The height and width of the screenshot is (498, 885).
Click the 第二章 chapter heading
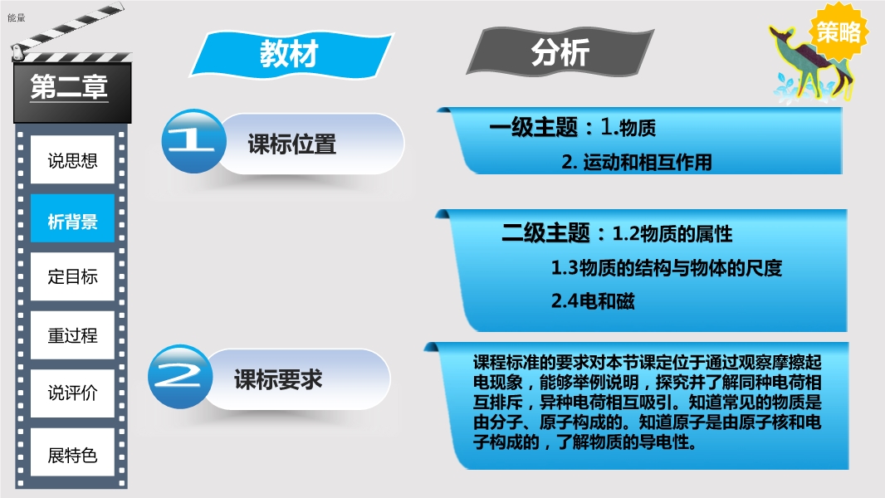pyautogui.click(x=69, y=87)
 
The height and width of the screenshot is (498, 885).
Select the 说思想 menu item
pyautogui.click(x=72, y=160)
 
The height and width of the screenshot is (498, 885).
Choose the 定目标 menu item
pyautogui.click(x=72, y=276)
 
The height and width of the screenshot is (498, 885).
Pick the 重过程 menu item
pyautogui.click(x=72, y=335)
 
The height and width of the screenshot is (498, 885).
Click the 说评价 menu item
pyautogui.click(x=72, y=393)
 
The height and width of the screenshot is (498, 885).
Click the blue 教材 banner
pyautogui.click(x=291, y=54)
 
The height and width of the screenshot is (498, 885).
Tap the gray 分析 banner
pyautogui.click(x=560, y=52)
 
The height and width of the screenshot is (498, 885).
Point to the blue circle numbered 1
pyautogui.click(x=193, y=141)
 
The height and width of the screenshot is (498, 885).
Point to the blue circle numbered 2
pyautogui.click(x=180, y=376)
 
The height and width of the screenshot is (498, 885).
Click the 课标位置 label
pyautogui.click(x=291, y=144)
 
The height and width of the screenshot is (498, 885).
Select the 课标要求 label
pyautogui.click(x=278, y=379)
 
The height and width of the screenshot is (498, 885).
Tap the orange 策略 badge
pyautogui.click(x=839, y=32)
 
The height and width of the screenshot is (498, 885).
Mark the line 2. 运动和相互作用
pyautogui.click(x=636, y=163)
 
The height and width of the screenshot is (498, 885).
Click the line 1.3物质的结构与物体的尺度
pyautogui.click(x=666, y=267)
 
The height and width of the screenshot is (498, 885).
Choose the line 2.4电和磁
pyautogui.click(x=593, y=301)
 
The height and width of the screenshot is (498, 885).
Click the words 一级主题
pyautogui.click(x=533, y=127)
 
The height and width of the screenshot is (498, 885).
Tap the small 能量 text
pyautogui.click(x=17, y=17)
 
